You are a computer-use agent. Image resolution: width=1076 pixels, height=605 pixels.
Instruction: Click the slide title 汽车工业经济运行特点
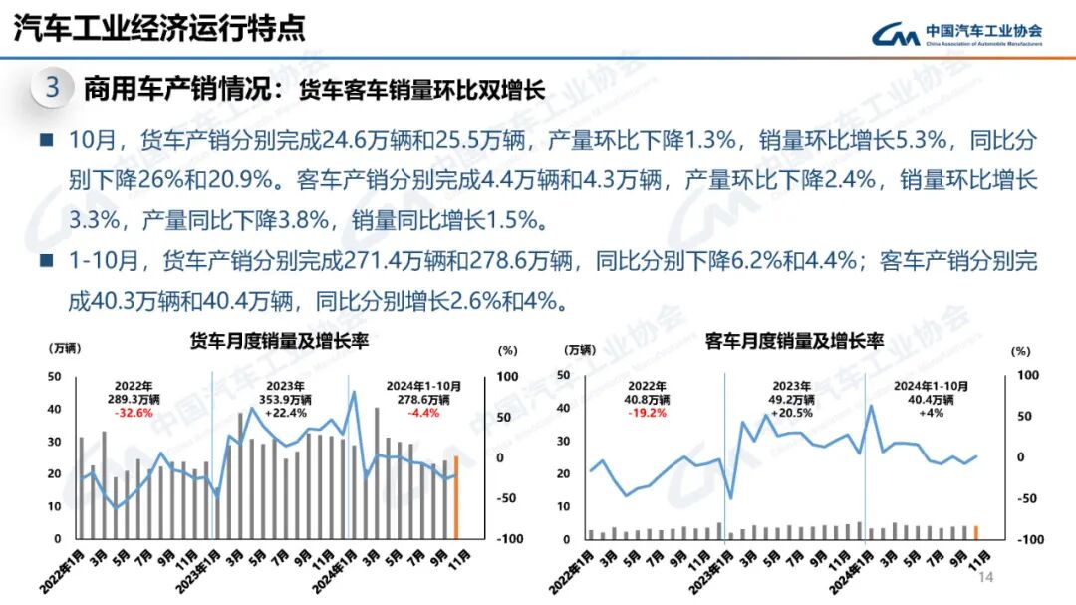click(x=159, y=27)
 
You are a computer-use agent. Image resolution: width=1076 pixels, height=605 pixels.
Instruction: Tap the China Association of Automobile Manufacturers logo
click(x=956, y=34)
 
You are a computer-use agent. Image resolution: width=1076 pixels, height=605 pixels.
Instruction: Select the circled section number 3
click(x=53, y=88)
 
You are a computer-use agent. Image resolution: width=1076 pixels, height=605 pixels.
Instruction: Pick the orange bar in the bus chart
click(x=976, y=532)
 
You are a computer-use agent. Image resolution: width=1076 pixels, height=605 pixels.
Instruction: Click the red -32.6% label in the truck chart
click(x=134, y=413)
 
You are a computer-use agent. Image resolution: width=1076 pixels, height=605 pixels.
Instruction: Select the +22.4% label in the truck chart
click(x=279, y=413)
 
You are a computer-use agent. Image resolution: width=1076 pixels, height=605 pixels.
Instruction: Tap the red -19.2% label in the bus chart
click(x=649, y=413)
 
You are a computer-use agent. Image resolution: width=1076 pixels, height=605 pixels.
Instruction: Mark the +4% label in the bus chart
click(x=932, y=413)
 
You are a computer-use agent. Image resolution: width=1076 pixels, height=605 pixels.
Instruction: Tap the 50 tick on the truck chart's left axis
click(x=55, y=377)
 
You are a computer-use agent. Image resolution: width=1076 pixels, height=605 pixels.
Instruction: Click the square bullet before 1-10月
click(x=46, y=262)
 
